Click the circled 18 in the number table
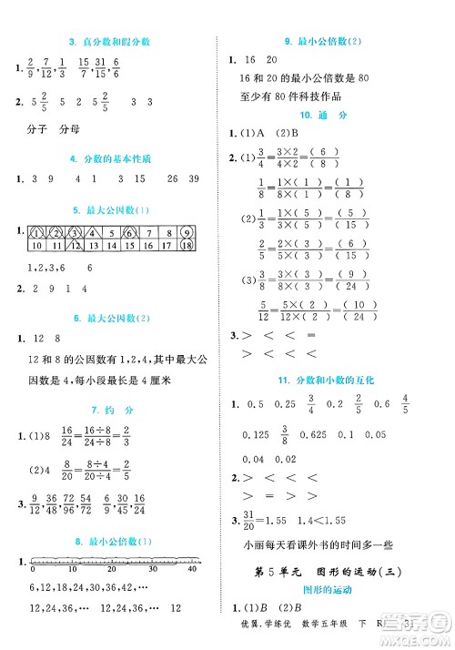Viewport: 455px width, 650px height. tap(185, 246)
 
